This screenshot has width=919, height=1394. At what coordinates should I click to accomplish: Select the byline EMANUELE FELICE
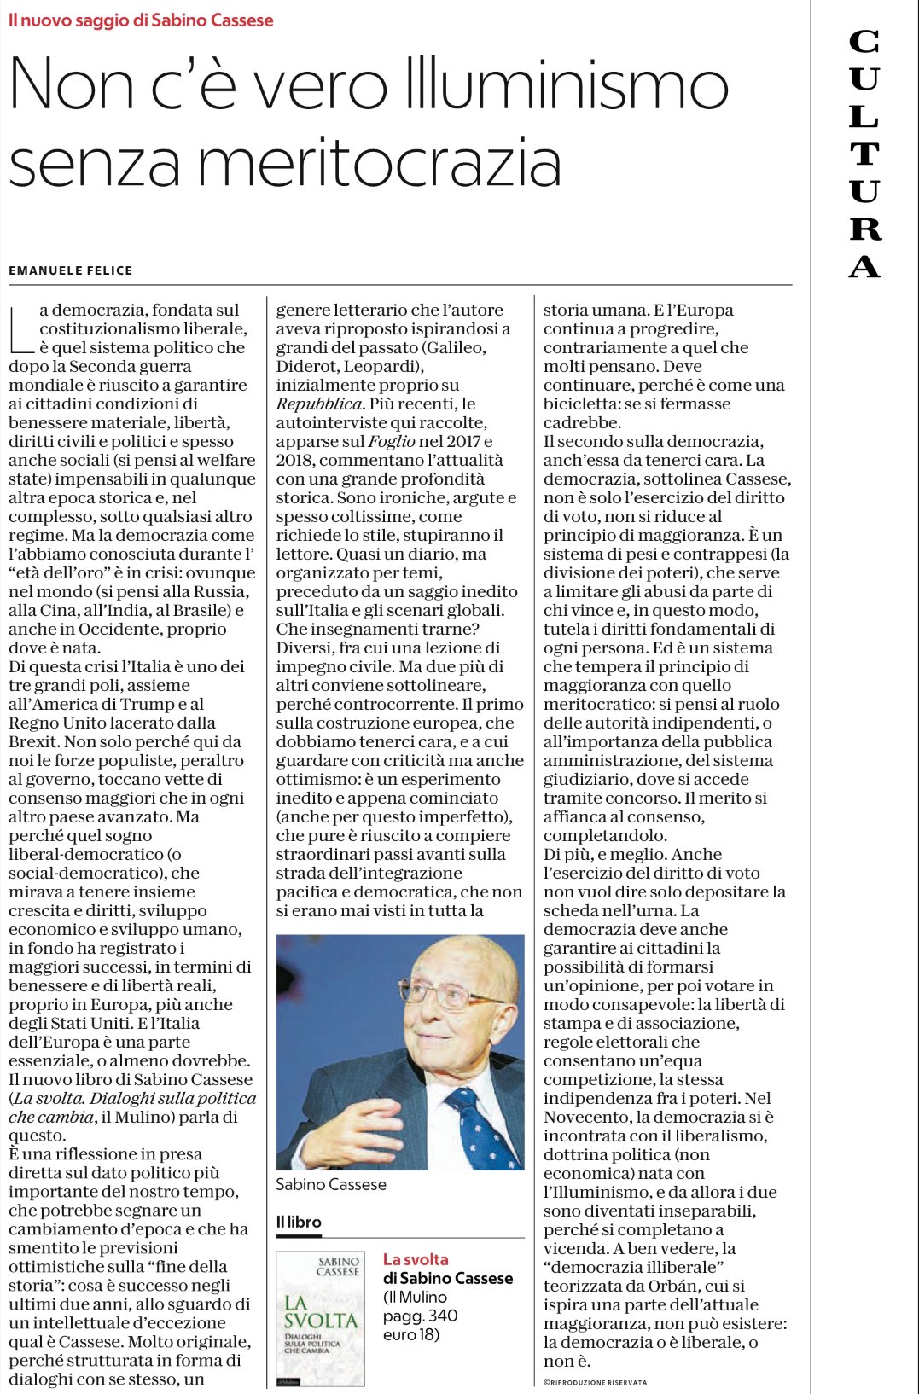(x=71, y=270)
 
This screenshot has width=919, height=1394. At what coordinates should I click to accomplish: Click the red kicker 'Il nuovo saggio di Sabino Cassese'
(x=141, y=20)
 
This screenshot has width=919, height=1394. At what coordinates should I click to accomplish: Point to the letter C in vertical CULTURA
(x=864, y=41)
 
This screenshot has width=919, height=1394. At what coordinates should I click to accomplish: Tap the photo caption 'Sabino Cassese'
(x=331, y=1184)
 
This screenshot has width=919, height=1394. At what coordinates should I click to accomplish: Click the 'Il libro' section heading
(x=299, y=1222)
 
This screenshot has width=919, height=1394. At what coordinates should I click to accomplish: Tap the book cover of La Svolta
(x=320, y=1317)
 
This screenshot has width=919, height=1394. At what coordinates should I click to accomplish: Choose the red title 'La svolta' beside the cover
(x=416, y=1259)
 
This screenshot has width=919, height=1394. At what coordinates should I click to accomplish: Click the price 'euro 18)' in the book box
(x=411, y=1334)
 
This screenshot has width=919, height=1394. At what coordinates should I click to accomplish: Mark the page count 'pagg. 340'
(x=421, y=1316)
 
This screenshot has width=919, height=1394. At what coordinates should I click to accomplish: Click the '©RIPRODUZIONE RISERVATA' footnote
(x=595, y=1382)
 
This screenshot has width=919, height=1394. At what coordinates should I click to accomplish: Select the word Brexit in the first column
(x=34, y=741)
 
